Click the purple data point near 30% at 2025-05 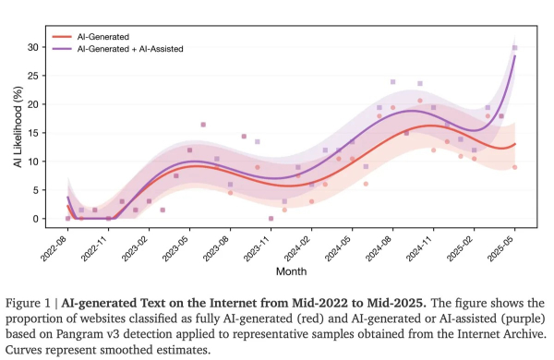click(515, 48)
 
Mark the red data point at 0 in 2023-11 click(271, 219)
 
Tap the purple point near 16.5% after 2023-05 click(203, 125)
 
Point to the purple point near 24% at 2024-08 click(392, 82)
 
